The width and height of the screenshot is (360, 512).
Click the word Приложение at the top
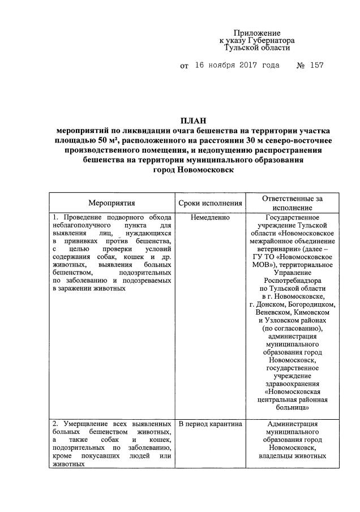point(258,33)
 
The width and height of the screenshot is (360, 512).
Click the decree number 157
point(316,66)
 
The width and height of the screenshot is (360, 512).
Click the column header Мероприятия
point(112,203)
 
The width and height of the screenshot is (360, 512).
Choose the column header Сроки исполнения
point(210,203)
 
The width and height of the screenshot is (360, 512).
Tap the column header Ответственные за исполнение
point(293,203)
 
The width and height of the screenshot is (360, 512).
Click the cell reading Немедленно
point(210,217)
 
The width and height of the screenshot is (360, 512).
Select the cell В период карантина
point(210,424)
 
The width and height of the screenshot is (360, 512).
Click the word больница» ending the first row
point(293,406)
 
